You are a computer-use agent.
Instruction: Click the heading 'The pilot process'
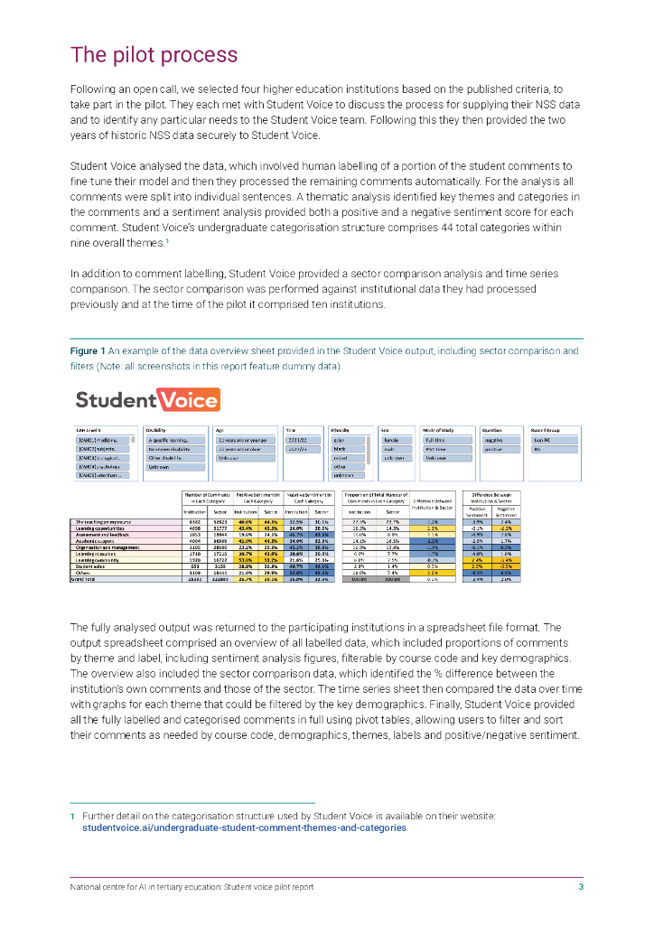154,56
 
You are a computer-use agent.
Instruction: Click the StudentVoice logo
147,399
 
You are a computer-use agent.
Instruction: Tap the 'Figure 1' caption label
88,350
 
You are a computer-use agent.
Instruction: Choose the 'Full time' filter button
446,440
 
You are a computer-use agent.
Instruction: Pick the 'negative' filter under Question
494,440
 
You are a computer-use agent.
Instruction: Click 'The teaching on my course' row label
105,522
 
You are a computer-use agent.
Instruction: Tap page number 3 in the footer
581,887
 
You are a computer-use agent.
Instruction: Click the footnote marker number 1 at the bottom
72,816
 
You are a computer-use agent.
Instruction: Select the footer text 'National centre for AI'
117,887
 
